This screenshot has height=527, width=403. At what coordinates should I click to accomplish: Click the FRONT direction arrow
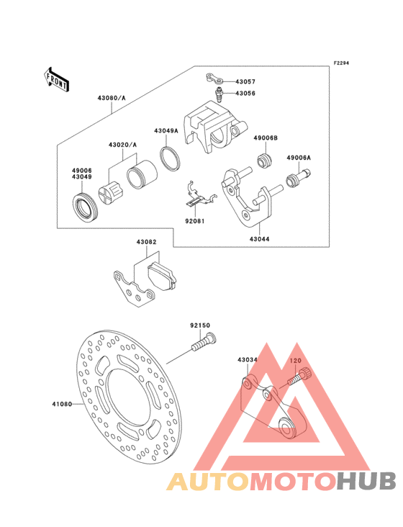[56, 79]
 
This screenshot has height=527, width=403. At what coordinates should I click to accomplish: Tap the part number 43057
[245, 81]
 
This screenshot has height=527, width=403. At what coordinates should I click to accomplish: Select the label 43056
[245, 93]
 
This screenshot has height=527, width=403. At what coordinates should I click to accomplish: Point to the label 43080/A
[112, 98]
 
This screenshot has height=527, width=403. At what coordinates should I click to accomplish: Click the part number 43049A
[166, 130]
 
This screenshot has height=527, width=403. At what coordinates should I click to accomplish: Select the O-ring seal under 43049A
[170, 158]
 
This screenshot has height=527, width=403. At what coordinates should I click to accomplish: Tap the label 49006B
[266, 138]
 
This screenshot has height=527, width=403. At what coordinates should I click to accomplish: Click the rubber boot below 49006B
[264, 161]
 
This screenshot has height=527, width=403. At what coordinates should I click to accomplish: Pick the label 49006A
[299, 157]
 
